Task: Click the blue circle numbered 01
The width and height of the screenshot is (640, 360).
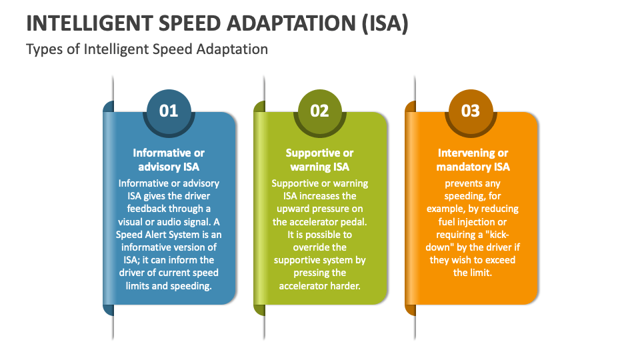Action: click(x=169, y=111)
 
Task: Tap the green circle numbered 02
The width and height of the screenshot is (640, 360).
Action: click(x=320, y=111)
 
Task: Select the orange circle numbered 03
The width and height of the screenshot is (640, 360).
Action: click(x=471, y=111)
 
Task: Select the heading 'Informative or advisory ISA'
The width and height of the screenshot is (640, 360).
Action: click(x=169, y=160)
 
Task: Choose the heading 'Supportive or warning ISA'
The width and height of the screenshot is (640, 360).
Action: click(x=320, y=160)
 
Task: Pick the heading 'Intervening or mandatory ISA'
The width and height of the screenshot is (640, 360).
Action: click(x=473, y=160)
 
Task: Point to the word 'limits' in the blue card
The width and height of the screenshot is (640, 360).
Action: click(x=139, y=285)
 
